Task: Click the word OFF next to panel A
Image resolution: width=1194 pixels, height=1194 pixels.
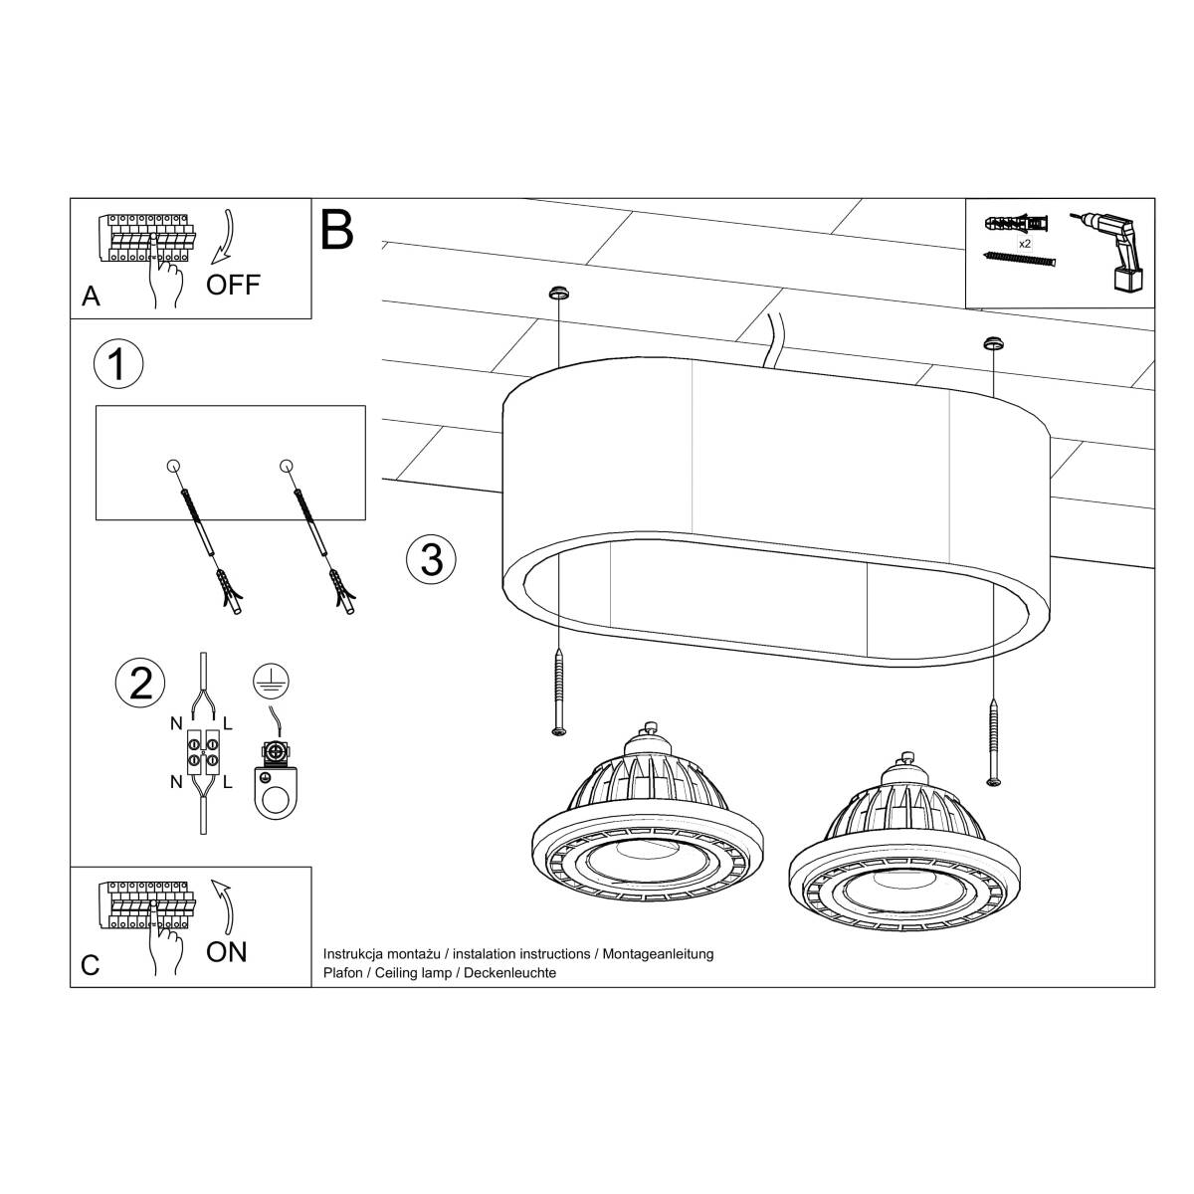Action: click(233, 285)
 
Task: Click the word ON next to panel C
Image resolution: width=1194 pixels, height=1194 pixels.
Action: click(227, 952)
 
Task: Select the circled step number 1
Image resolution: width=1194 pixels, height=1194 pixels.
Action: click(117, 364)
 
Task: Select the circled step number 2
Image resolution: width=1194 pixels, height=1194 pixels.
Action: click(140, 684)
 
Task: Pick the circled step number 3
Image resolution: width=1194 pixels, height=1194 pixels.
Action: click(431, 558)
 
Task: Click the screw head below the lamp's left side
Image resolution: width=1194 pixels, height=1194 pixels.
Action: click(558, 731)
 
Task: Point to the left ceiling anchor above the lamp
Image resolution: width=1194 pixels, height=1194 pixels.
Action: click(558, 294)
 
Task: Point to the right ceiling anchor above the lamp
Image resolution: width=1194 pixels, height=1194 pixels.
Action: click(991, 343)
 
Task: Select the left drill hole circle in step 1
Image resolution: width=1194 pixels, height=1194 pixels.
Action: click(172, 466)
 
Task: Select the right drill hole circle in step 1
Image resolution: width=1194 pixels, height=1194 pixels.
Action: click(287, 466)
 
